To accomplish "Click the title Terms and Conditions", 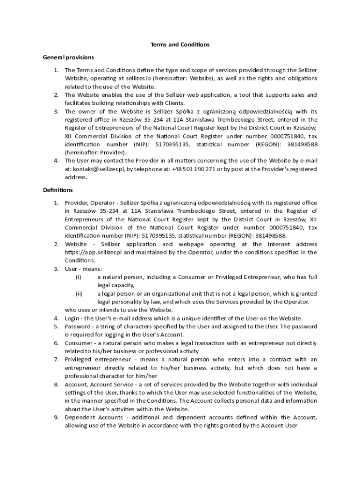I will (180, 45).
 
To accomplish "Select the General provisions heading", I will (68, 58).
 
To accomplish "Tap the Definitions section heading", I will (58, 190).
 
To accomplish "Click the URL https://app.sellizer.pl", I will (94, 252).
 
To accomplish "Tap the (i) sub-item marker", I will (79, 277).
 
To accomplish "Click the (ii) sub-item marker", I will (79, 294).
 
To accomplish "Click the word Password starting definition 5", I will (77, 327).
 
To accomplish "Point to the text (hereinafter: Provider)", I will (95, 153).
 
